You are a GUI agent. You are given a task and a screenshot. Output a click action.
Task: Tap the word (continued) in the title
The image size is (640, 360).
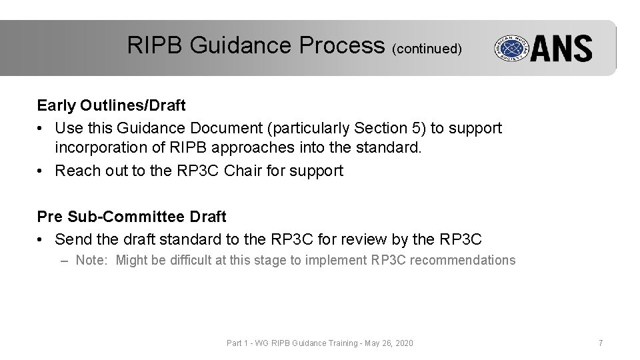pyautogui.click(x=427, y=48)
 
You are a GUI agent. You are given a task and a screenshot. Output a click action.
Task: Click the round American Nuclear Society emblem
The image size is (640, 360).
pyautogui.click(x=510, y=49)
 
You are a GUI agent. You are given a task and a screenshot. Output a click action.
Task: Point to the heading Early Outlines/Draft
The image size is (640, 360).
pyautogui.click(x=111, y=105)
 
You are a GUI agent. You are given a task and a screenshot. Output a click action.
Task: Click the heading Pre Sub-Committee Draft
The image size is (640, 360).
pyautogui.click(x=131, y=217)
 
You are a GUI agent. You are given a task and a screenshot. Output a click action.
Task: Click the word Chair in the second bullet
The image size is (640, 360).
pyautogui.click(x=244, y=171)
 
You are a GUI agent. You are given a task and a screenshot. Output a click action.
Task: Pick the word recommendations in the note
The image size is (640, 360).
pyautogui.click(x=462, y=260)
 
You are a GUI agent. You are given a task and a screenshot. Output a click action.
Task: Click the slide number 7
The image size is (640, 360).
pyautogui.click(x=601, y=343)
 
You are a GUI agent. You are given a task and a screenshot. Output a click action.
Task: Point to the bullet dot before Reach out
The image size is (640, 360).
pyautogui.click(x=41, y=171)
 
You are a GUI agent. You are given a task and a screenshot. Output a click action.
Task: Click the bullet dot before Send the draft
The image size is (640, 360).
pyautogui.click(x=41, y=239)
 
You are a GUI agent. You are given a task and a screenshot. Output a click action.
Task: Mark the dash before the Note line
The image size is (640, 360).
pyautogui.click(x=64, y=260)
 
